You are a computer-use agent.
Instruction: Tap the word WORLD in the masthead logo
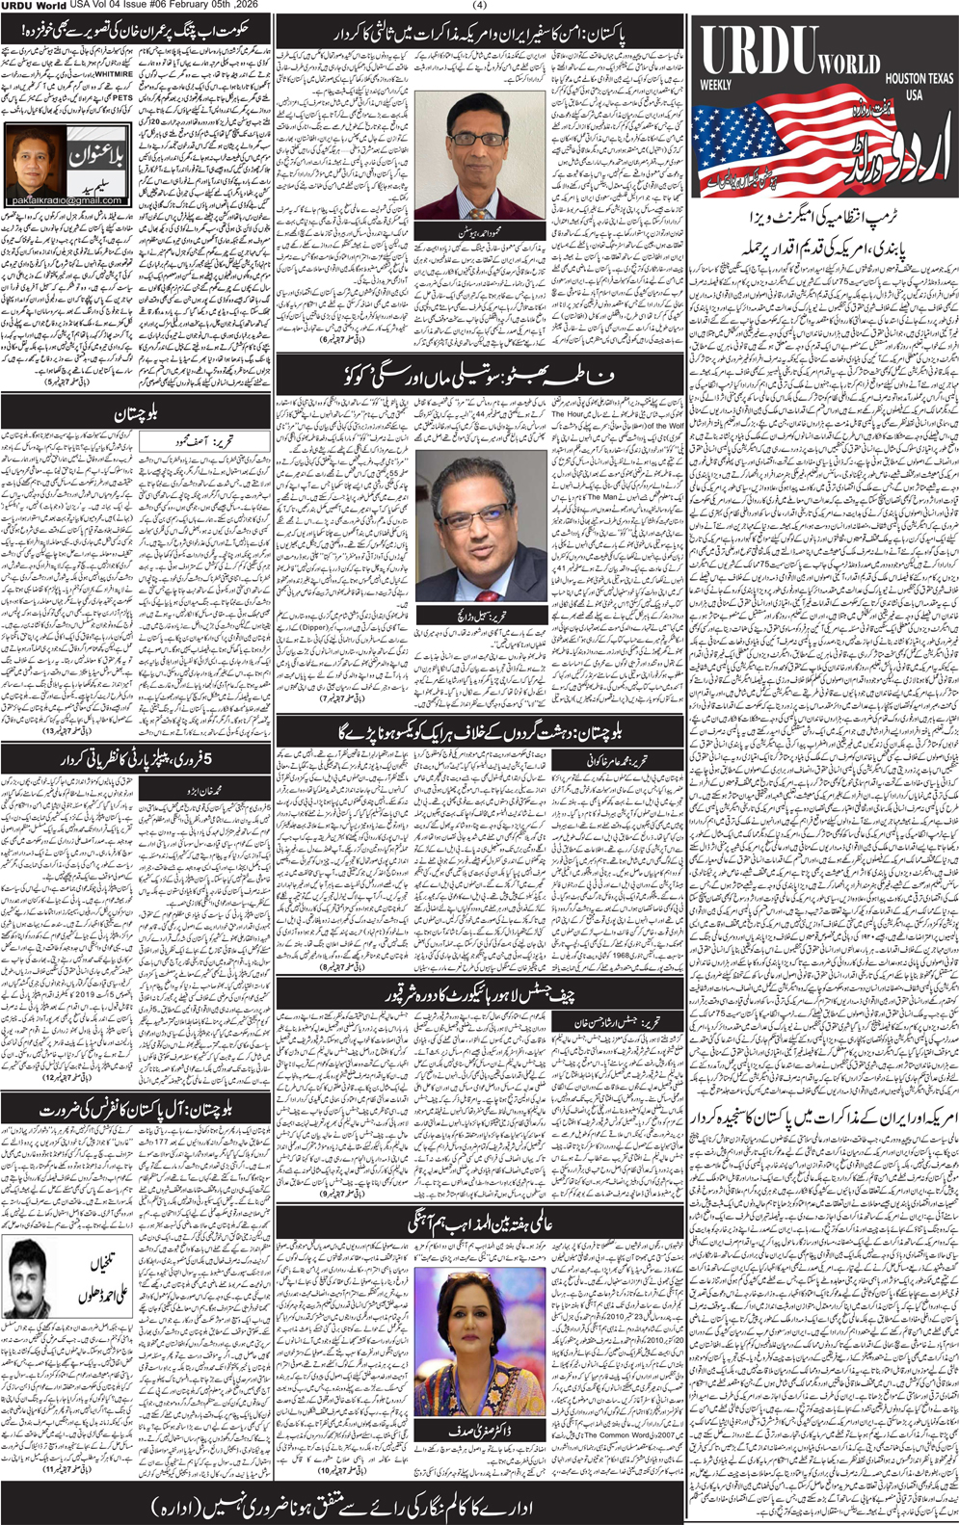[849, 65]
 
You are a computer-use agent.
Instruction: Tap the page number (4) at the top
[480, 6]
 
